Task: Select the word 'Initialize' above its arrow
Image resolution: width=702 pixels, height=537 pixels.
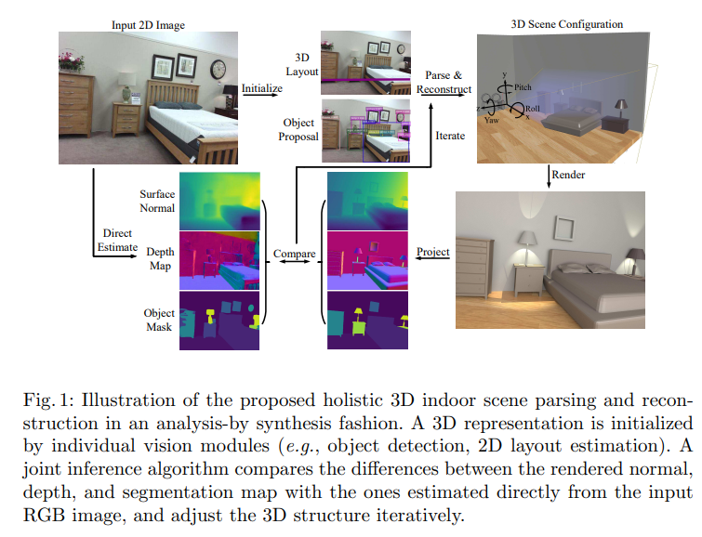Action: pyautogui.click(x=262, y=89)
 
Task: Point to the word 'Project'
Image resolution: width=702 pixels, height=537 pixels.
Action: pyautogui.click(x=433, y=252)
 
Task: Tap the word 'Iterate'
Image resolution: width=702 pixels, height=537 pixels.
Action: pyautogui.click(x=450, y=136)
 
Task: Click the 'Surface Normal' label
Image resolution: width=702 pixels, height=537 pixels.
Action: pyautogui.click(x=157, y=202)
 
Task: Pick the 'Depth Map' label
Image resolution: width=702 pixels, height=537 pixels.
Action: pyautogui.click(x=160, y=258)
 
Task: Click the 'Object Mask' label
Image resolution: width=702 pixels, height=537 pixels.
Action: pyautogui.click(x=159, y=320)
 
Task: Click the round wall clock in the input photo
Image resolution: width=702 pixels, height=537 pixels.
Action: pyautogui.click(x=219, y=70)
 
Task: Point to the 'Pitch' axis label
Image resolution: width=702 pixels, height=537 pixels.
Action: pyautogui.click(x=524, y=85)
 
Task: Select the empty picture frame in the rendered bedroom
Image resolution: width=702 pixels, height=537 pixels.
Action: pyautogui.click(x=562, y=228)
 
